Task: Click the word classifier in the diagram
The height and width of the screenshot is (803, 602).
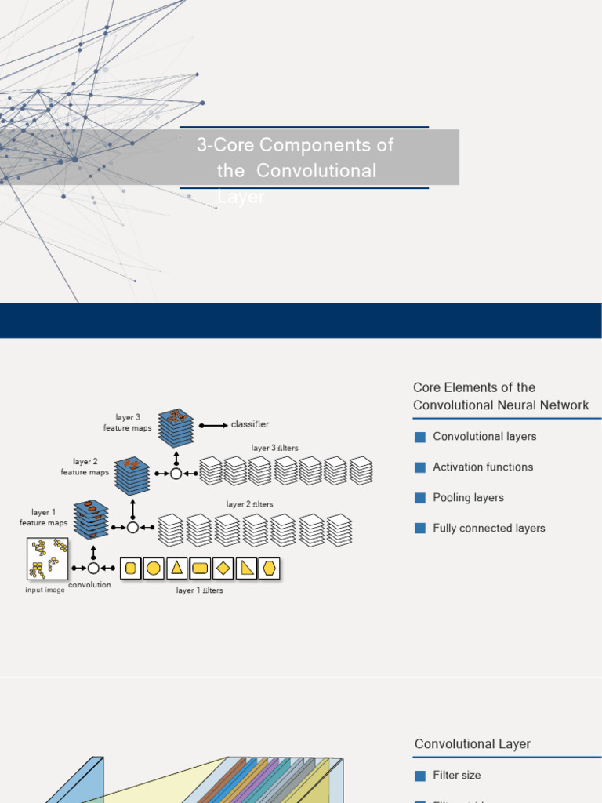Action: pyautogui.click(x=250, y=424)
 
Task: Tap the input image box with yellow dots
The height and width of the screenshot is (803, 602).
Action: pyautogui.click(x=46, y=558)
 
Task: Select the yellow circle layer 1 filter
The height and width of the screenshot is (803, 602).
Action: pyautogui.click(x=154, y=568)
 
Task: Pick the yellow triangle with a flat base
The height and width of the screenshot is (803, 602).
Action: pyautogui.click(x=177, y=568)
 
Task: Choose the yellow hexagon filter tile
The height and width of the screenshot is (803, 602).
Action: pyautogui.click(x=270, y=568)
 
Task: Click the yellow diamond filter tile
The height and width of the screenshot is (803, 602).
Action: pyautogui.click(x=223, y=568)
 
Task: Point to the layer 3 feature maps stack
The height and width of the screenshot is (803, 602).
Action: pyautogui.click(x=176, y=427)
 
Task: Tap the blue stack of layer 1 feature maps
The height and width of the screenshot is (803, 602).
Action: pyautogui.click(x=91, y=519)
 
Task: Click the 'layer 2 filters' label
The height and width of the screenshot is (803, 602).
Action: pyautogui.click(x=249, y=504)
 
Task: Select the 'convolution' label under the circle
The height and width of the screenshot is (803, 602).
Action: pyautogui.click(x=89, y=585)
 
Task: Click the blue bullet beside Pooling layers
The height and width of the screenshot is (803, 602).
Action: pyautogui.click(x=419, y=498)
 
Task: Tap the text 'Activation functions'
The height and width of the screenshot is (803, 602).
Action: pyautogui.click(x=483, y=467)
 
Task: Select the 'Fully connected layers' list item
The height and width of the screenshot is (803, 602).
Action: pyautogui.click(x=488, y=528)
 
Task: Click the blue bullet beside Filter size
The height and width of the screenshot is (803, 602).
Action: pyautogui.click(x=419, y=776)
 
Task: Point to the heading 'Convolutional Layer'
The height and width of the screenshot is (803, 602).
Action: pyautogui.click(x=472, y=743)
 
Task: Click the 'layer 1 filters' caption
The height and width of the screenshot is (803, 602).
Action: pyautogui.click(x=199, y=590)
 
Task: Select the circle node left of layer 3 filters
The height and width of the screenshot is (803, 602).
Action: pyautogui.click(x=176, y=474)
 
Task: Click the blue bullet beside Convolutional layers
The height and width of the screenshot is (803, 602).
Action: pyautogui.click(x=419, y=437)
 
